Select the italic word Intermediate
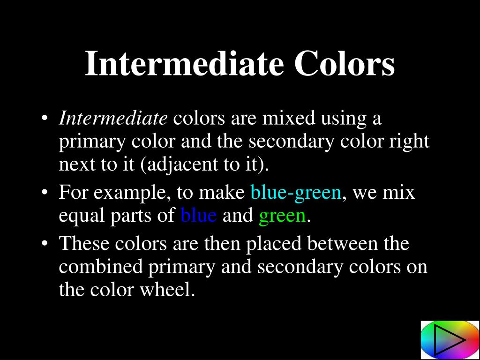[x=113, y=118]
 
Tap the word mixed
[x=288, y=118]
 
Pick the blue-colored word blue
[x=199, y=215]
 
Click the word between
[x=342, y=244]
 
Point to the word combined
[x=101, y=267]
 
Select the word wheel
[x=167, y=290]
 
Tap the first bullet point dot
[x=45, y=119]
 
